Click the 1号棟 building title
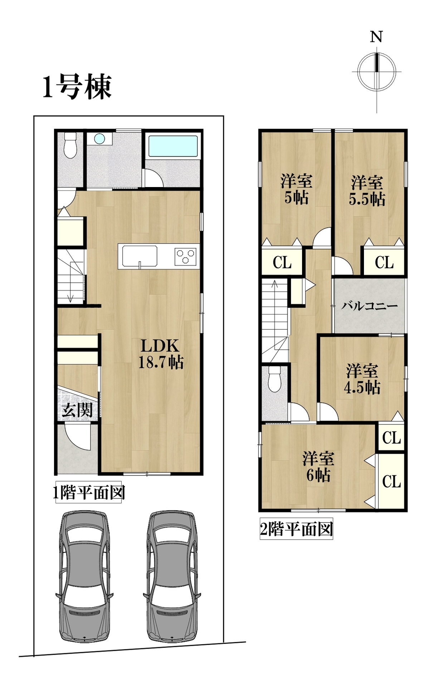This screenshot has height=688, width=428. (x=77, y=87)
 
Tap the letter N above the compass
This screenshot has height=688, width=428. (x=376, y=37)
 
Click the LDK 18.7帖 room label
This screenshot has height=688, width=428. (x=161, y=354)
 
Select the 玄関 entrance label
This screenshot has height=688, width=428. (x=77, y=410)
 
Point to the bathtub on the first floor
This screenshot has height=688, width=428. (x=173, y=146)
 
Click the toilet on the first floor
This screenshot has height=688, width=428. (x=70, y=145)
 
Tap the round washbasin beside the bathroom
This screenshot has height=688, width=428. (x=99, y=138)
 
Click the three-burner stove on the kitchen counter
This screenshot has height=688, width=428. (x=185, y=256)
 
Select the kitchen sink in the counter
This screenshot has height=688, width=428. (x=140, y=256)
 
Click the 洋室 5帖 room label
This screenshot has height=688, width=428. (x=296, y=189)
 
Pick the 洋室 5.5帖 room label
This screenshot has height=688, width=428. (x=367, y=191)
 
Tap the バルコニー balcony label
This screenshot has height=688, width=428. (x=369, y=306)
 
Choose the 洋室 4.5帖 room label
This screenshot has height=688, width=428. (x=362, y=379)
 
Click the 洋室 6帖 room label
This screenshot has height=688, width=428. (x=318, y=467)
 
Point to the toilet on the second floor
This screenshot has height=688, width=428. (x=275, y=379)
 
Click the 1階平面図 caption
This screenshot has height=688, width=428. (x=89, y=492)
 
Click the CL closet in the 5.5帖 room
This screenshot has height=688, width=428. (x=384, y=263)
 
